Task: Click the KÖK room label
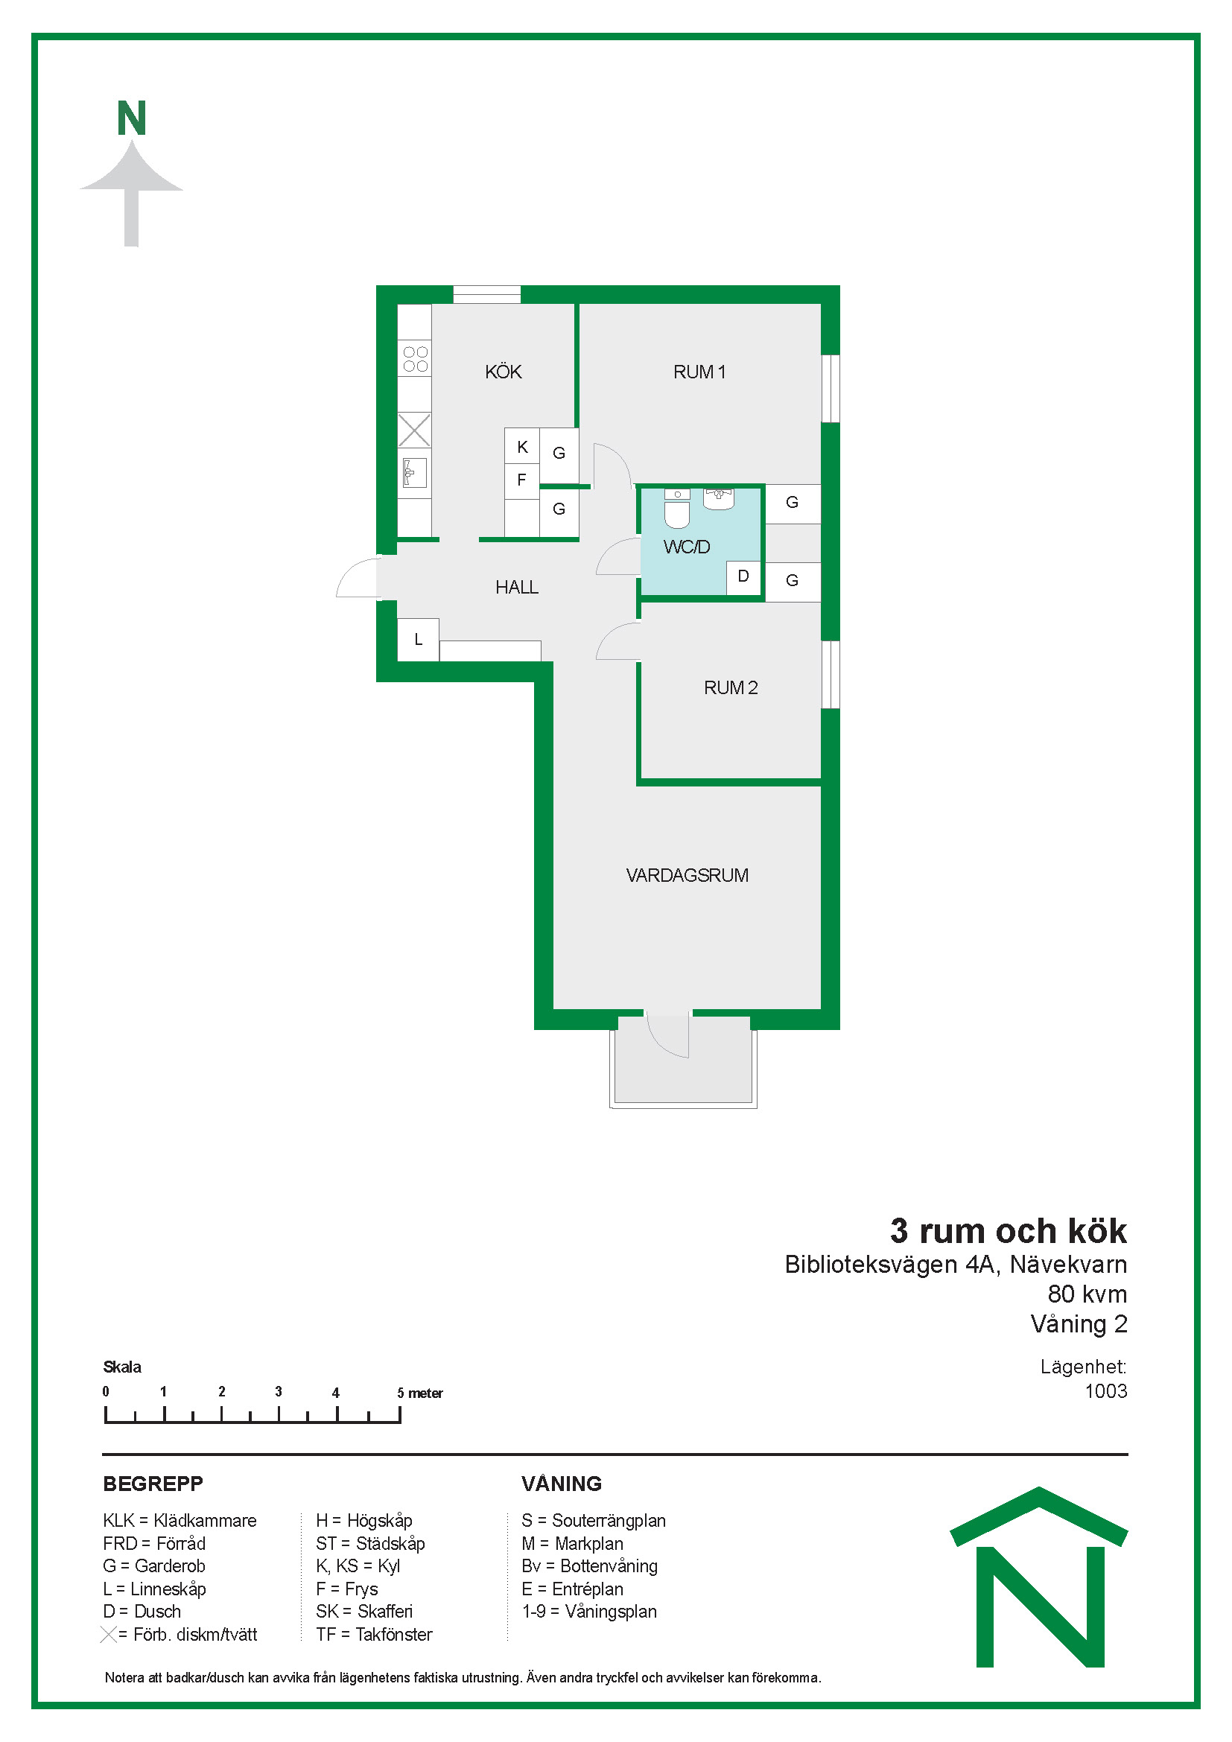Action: pyautogui.click(x=503, y=372)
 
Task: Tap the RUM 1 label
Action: pyautogui.click(x=699, y=372)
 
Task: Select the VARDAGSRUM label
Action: pyautogui.click(x=687, y=875)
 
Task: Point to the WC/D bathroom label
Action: pyautogui.click(x=687, y=547)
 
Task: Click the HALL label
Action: pyautogui.click(x=517, y=587)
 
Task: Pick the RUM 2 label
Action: pyautogui.click(x=731, y=687)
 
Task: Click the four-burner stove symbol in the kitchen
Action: pyautogui.click(x=415, y=359)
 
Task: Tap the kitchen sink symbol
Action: pyautogui.click(x=414, y=473)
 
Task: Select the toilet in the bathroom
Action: pyautogui.click(x=677, y=509)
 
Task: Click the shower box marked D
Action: pyautogui.click(x=744, y=577)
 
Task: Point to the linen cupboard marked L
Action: pyautogui.click(x=418, y=640)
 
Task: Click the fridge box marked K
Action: pyautogui.click(x=522, y=447)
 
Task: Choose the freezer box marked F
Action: pyautogui.click(x=522, y=480)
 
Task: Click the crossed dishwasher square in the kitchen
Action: pyautogui.click(x=414, y=430)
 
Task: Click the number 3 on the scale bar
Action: pyautogui.click(x=279, y=1391)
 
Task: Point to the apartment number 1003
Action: pyautogui.click(x=1105, y=1390)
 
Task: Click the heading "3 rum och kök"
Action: pyautogui.click(x=1009, y=1230)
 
